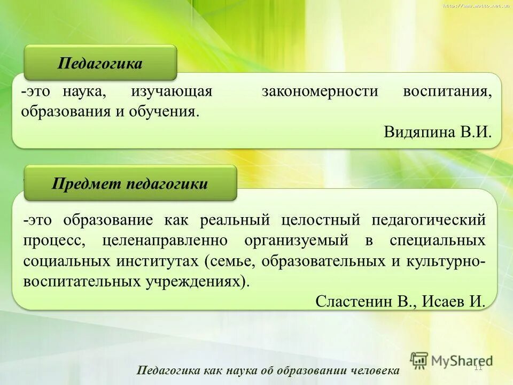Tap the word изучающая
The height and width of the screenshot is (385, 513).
(172, 91)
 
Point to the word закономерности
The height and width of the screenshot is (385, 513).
(320, 91)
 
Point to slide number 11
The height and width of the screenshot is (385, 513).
(478, 367)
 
